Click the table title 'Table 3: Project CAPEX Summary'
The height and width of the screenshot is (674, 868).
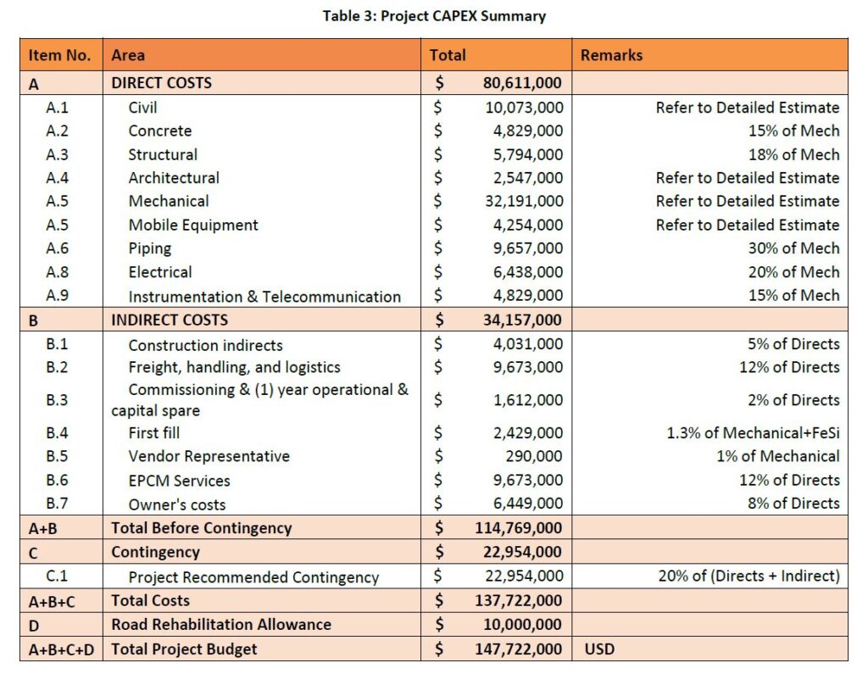[434, 16]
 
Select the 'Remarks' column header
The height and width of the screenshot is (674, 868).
[611, 55]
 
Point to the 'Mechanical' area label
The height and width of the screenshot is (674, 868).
[169, 201]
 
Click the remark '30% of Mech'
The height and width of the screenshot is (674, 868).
[796, 248]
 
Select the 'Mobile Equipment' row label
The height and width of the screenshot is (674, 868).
[193, 225]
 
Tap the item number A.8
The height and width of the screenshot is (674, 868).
[58, 272]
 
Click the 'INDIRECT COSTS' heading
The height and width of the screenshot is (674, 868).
[170, 320]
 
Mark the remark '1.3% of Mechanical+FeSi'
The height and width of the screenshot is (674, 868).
[754, 432]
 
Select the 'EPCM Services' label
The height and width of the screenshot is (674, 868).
[179, 480]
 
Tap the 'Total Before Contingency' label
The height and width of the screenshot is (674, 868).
[202, 527]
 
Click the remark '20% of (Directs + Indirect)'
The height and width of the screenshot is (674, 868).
[748, 577]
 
